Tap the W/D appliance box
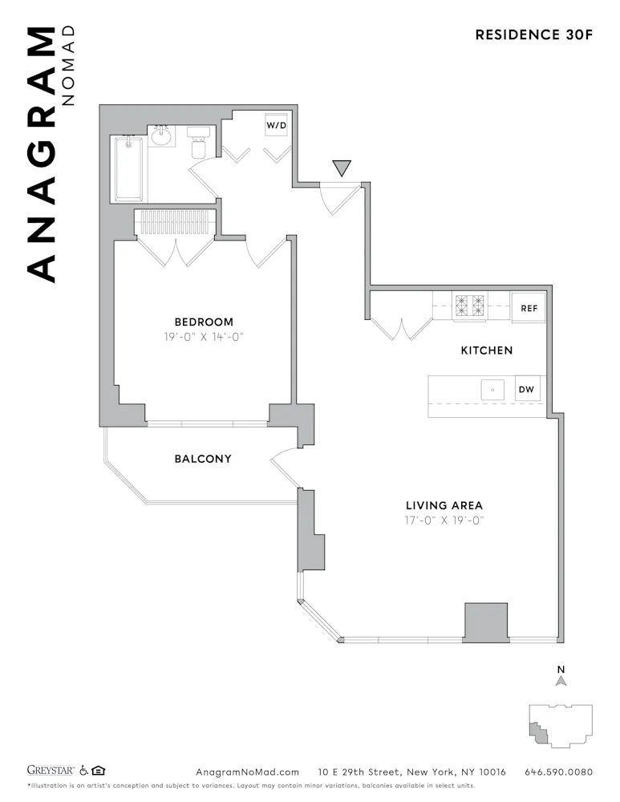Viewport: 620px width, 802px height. coord(277,125)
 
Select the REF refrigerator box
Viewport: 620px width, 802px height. coord(529,308)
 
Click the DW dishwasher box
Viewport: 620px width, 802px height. coord(526,391)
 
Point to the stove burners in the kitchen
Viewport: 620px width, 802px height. coord(470,306)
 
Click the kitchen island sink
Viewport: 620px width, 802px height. coord(492,391)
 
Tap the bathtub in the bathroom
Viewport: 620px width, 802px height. coord(128,168)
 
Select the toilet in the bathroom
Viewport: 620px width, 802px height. coord(198,143)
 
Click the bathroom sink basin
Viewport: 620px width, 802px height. coord(162,136)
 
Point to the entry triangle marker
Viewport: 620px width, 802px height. coord(342,168)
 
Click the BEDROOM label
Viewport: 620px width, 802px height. coord(204,322)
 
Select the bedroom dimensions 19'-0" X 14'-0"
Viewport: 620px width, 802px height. coord(204,337)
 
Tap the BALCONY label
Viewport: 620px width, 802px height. coord(203,459)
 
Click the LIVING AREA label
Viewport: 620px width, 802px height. coord(444,505)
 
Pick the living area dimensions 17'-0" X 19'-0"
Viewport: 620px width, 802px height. coord(444,520)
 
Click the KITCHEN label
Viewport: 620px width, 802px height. coord(486,350)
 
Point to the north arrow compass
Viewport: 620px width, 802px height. coord(561,677)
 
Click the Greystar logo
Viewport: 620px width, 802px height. coord(50,771)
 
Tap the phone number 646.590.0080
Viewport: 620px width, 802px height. coord(558,772)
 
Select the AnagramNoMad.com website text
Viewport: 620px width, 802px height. coord(247,772)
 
